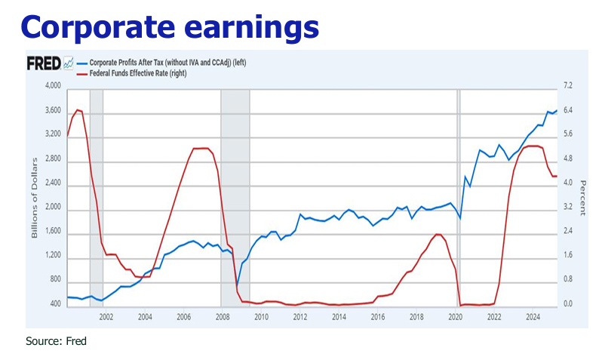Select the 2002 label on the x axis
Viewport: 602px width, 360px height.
point(106,318)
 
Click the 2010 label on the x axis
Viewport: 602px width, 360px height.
point(261,318)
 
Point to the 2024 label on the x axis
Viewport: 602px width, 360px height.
point(532,318)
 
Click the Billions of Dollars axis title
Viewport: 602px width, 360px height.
point(35,196)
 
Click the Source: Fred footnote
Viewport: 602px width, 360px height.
point(56,342)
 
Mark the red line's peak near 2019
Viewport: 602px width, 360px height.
point(439,235)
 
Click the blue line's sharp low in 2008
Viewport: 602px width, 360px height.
point(236,285)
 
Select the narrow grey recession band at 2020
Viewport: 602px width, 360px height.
point(458,196)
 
